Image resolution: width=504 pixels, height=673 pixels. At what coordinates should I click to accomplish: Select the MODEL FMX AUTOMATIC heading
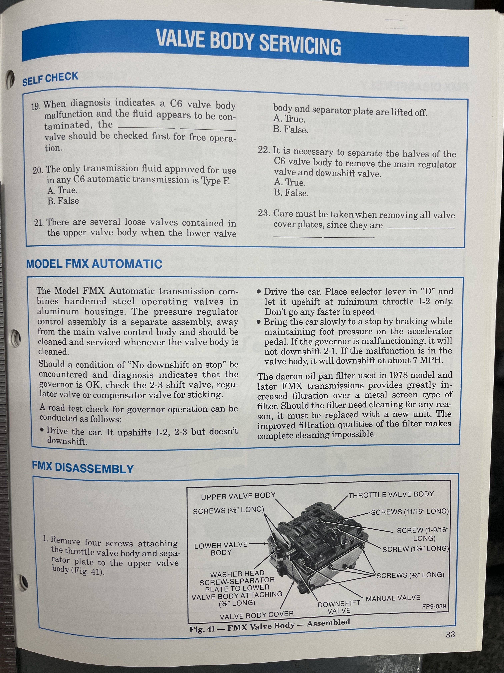[x=94, y=264]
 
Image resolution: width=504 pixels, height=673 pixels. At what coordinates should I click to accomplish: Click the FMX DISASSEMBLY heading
[x=83, y=468]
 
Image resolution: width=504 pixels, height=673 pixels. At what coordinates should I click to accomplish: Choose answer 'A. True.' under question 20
[x=62, y=190]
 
